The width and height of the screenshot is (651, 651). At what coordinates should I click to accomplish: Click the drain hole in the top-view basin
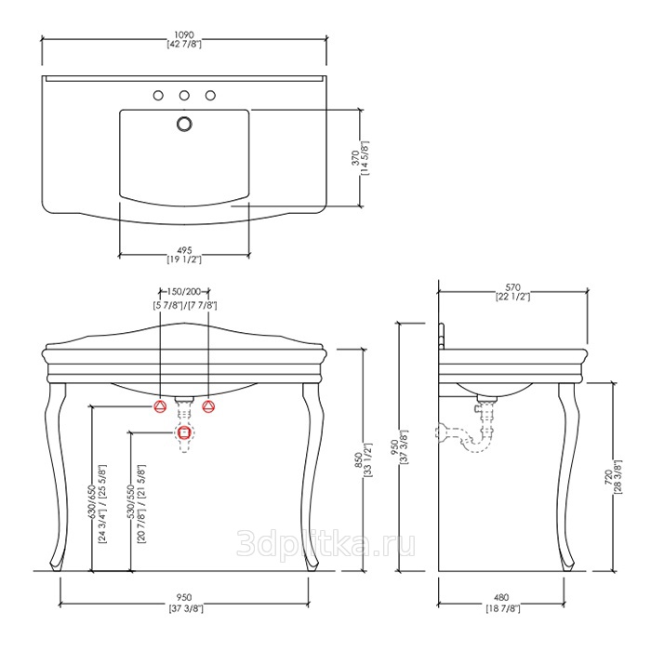pos(184,124)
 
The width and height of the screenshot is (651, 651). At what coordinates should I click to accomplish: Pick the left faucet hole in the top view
pos(158,96)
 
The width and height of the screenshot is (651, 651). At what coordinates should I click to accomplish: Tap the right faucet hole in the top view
pos(210,96)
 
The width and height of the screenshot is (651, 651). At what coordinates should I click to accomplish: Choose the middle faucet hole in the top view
pos(184,96)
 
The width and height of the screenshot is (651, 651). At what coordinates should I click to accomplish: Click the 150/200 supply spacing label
pos(184,291)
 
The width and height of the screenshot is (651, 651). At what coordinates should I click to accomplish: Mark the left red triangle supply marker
pos(160,406)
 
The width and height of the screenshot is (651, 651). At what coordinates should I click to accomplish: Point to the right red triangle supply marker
pos(208,406)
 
